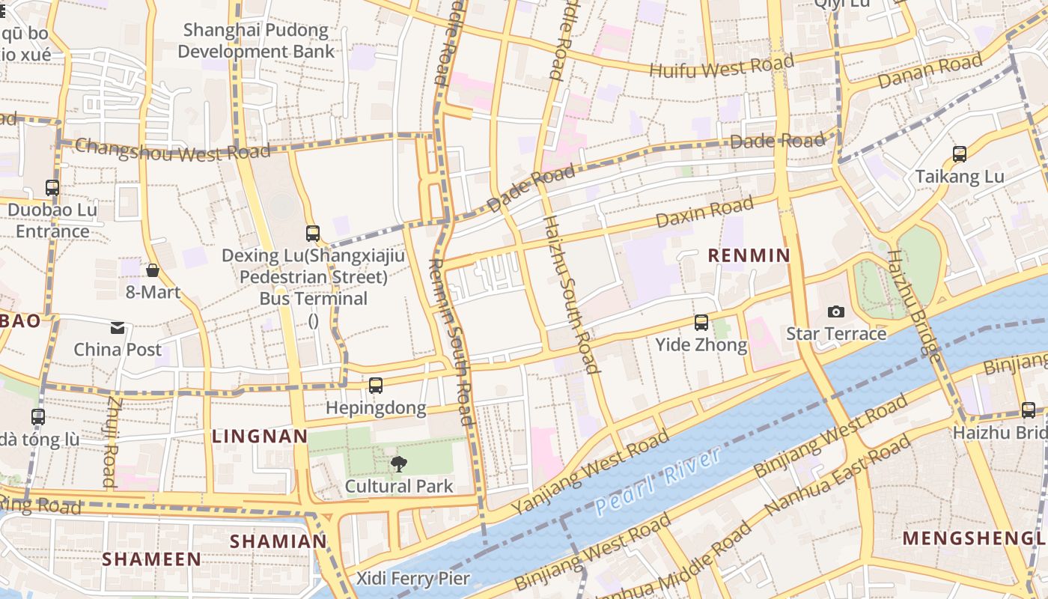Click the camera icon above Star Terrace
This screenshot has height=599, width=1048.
(836, 311)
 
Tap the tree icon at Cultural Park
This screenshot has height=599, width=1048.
(399, 464)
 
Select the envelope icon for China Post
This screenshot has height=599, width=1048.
(118, 327)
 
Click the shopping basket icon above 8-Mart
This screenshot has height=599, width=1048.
(153, 270)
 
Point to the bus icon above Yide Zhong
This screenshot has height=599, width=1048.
(701, 323)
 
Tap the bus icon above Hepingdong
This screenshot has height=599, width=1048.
(376, 386)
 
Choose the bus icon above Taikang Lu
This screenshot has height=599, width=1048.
(960, 154)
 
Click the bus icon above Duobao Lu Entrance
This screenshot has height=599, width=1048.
(52, 188)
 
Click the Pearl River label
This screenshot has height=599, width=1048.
(659, 480)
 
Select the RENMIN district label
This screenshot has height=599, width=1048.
(749, 255)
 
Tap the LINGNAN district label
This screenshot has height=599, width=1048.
(260, 436)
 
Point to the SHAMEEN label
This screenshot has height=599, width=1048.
(152, 559)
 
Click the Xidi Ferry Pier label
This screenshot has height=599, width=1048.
(412, 578)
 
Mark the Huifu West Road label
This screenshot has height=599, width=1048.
(722, 66)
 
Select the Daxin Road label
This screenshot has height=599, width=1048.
(704, 212)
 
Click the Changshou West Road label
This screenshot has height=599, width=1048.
(172, 150)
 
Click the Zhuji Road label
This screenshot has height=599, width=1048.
(112, 441)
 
